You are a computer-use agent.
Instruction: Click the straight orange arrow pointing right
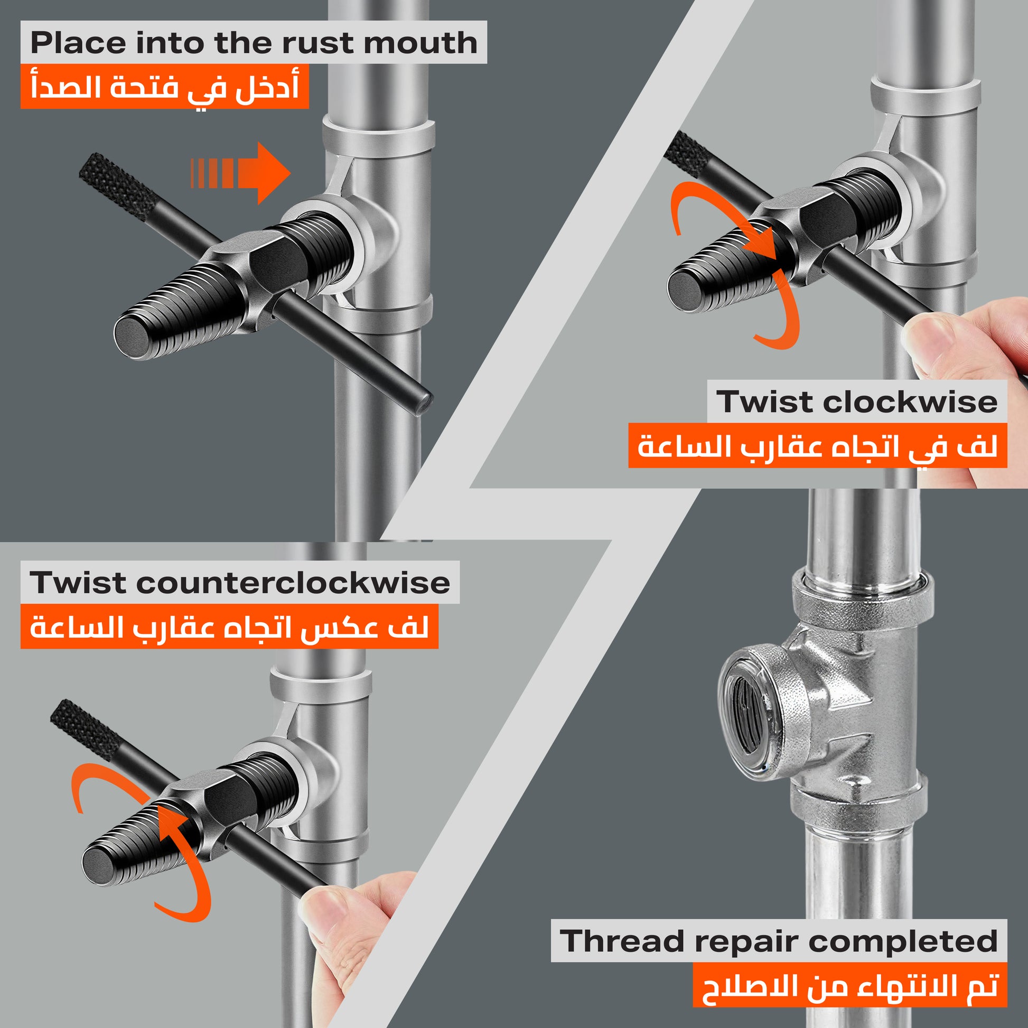tap(240, 173)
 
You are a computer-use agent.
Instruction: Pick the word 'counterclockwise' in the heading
tap(293, 583)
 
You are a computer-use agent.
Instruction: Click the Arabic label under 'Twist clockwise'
tap(817, 445)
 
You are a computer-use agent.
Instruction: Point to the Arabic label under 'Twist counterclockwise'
tap(229, 627)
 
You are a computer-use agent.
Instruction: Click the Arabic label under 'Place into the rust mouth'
tap(165, 86)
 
